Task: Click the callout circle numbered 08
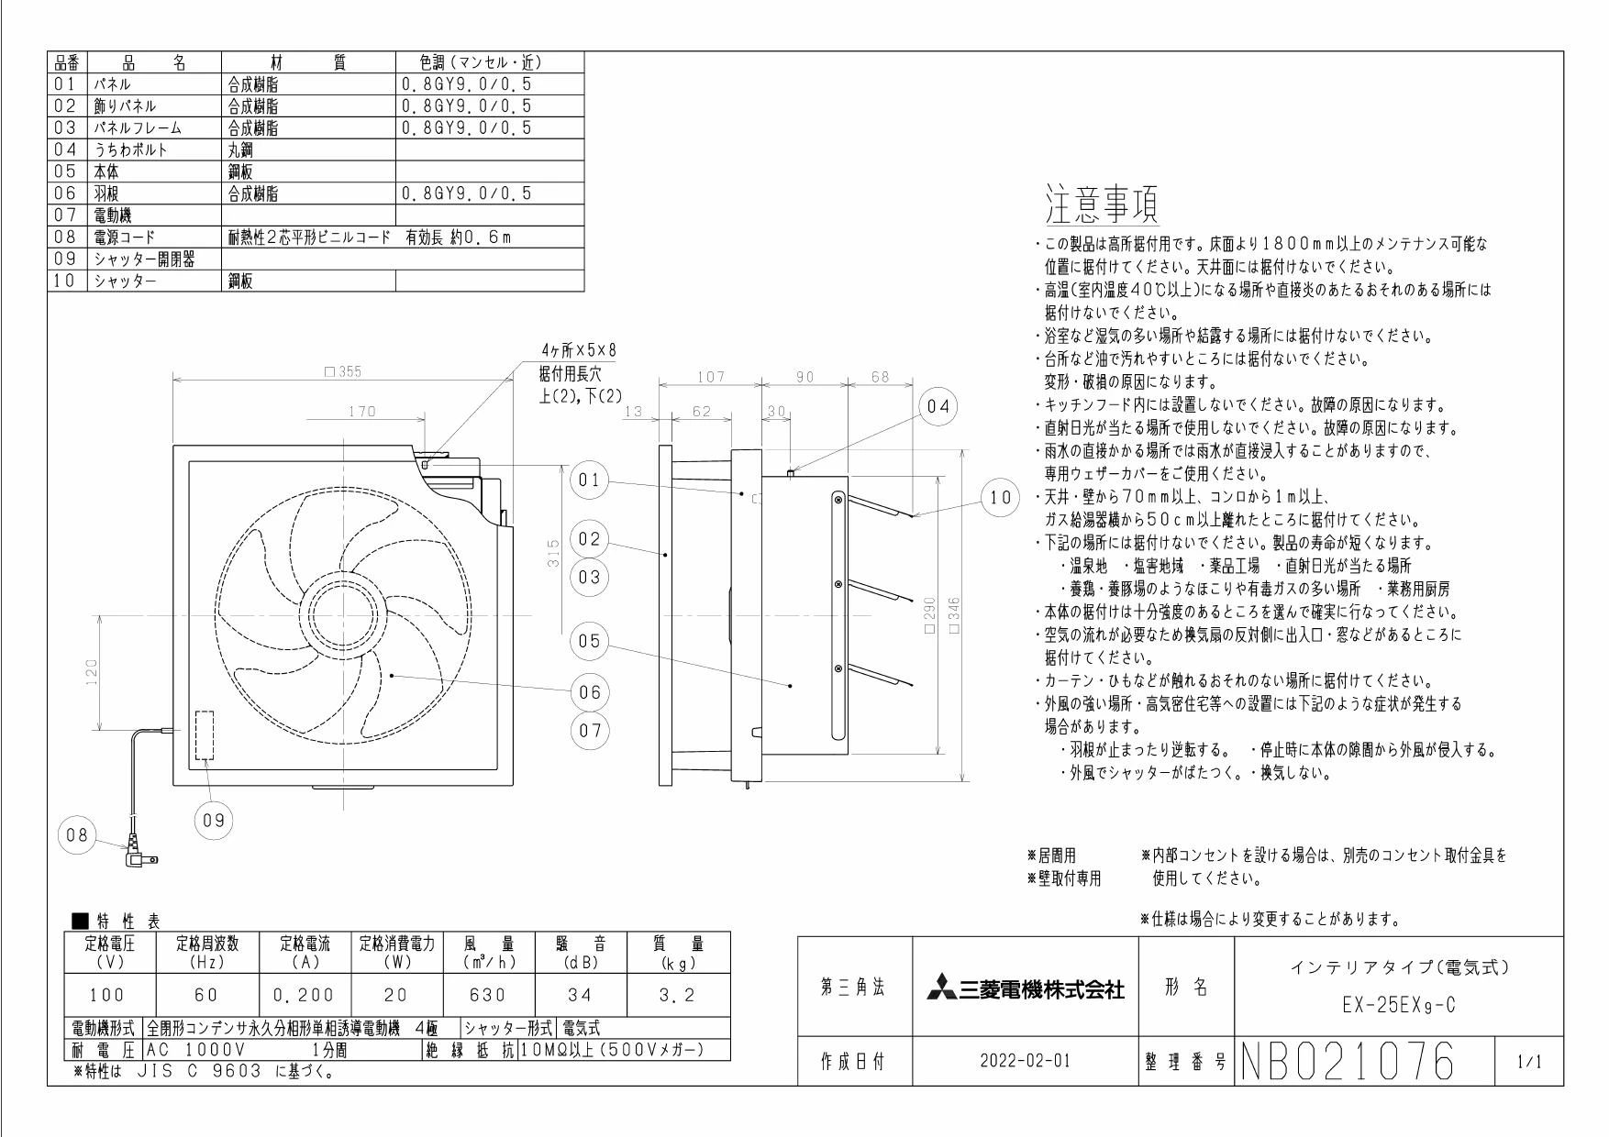pyautogui.click(x=77, y=835)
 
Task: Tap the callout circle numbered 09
pyautogui.click(x=213, y=821)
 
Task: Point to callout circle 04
pyautogui.click(x=938, y=406)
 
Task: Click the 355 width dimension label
pyautogui.click(x=344, y=371)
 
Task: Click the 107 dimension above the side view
pyautogui.click(x=710, y=376)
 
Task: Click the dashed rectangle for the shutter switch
pyautogui.click(x=204, y=734)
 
